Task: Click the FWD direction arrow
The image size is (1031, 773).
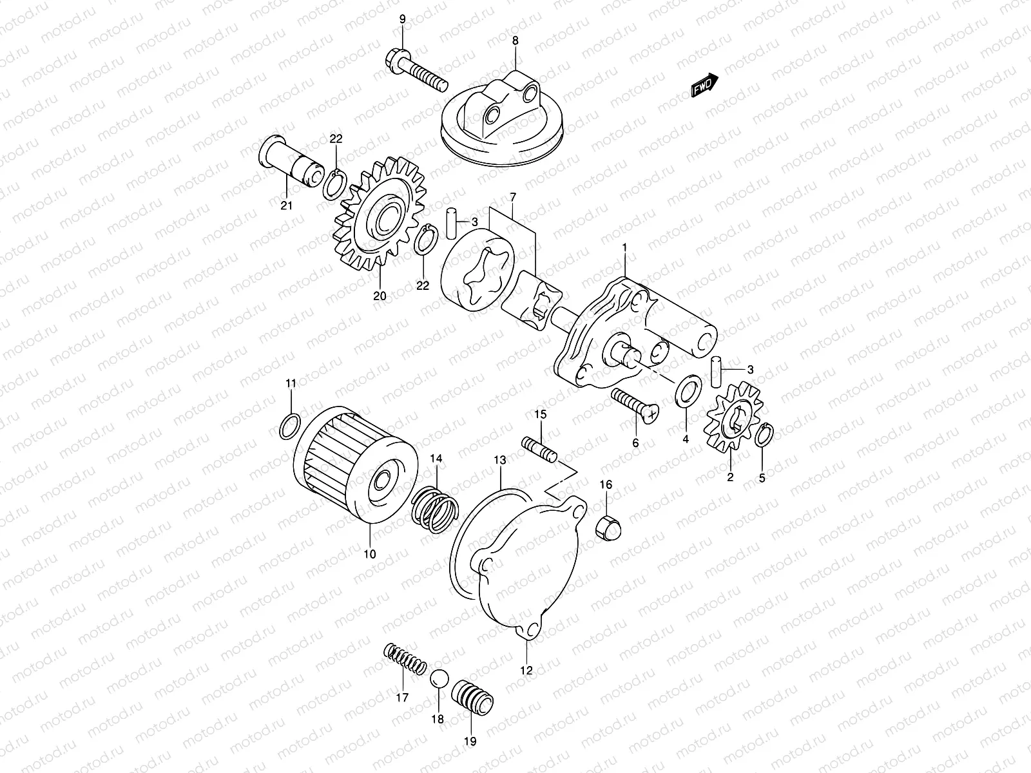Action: pyautogui.click(x=704, y=84)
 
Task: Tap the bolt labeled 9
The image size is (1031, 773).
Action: pyautogui.click(x=417, y=72)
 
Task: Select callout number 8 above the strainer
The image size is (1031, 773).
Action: pyautogui.click(x=515, y=41)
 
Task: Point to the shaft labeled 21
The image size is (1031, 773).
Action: pyautogui.click(x=293, y=162)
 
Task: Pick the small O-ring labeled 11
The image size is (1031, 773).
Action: pyautogui.click(x=290, y=426)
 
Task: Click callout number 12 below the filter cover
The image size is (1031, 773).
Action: pyautogui.click(x=526, y=671)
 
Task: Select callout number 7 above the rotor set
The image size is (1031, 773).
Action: pyautogui.click(x=514, y=196)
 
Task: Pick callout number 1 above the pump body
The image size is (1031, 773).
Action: pyautogui.click(x=624, y=247)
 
